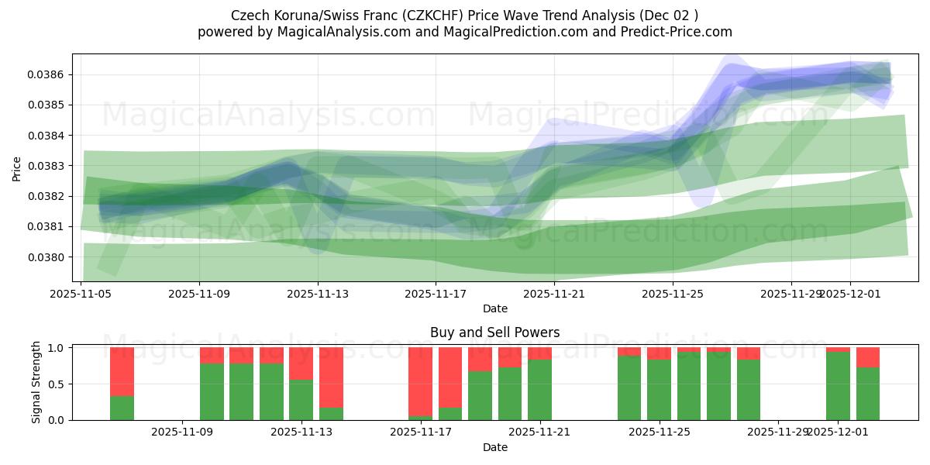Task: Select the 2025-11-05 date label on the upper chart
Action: [81, 294]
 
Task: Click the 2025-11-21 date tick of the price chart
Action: [554, 294]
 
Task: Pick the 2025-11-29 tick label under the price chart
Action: [790, 294]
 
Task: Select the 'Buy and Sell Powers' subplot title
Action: [494, 333]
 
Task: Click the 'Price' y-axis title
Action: [17, 168]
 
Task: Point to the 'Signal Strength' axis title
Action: [36, 384]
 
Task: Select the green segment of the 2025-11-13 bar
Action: [301, 400]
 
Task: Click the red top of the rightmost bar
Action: [868, 356]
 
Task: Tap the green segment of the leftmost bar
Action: [122, 408]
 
